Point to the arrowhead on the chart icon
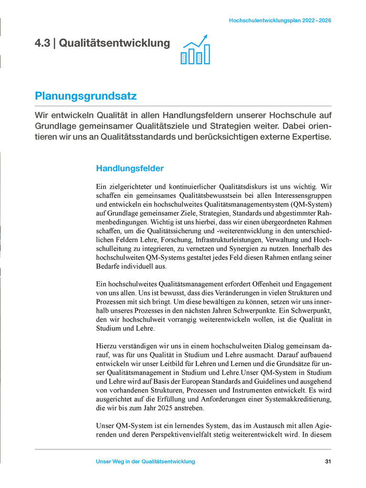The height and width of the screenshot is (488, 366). (x=206, y=36)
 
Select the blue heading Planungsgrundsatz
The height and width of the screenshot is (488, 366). (x=86, y=96)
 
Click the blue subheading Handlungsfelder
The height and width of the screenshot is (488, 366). (x=130, y=168)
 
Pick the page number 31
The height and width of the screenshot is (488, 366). (x=327, y=462)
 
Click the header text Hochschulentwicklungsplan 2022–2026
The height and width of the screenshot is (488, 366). (x=280, y=21)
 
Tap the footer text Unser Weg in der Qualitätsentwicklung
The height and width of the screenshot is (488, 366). (x=145, y=462)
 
